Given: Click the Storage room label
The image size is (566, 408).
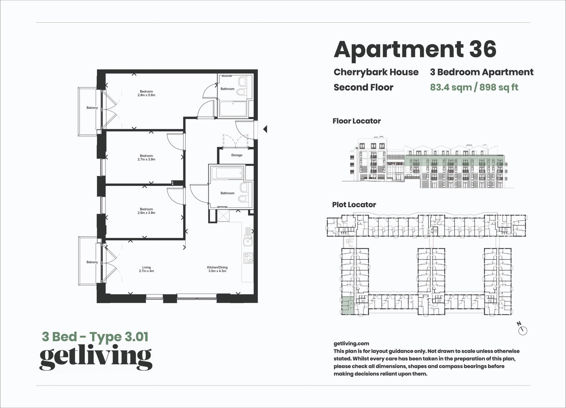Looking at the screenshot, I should (x=237, y=155).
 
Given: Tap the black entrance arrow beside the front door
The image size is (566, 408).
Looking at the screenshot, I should (x=265, y=129).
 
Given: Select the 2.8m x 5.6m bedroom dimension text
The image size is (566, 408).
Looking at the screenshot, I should (x=146, y=95).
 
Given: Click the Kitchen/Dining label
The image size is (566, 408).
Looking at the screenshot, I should (x=217, y=267).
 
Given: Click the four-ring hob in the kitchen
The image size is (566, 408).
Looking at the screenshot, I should (x=248, y=258).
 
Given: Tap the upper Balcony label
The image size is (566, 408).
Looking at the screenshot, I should (x=92, y=108).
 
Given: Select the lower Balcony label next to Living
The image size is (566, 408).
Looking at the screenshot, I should (x=92, y=262).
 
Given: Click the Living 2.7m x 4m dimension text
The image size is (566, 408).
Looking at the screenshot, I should (x=146, y=271).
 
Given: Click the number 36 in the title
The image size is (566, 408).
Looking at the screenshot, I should (x=483, y=49).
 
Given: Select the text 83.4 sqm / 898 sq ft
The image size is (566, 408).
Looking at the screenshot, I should (x=474, y=87).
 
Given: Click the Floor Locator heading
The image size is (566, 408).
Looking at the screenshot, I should (x=357, y=121).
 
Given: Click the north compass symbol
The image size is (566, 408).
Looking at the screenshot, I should (x=522, y=330).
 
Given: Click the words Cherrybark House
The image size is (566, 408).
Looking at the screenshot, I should (x=376, y=72).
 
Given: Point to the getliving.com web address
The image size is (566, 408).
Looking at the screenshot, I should (x=351, y=343).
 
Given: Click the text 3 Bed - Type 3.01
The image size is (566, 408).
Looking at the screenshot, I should (x=95, y=336).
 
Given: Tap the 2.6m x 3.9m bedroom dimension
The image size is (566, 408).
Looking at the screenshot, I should (x=146, y=213).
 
